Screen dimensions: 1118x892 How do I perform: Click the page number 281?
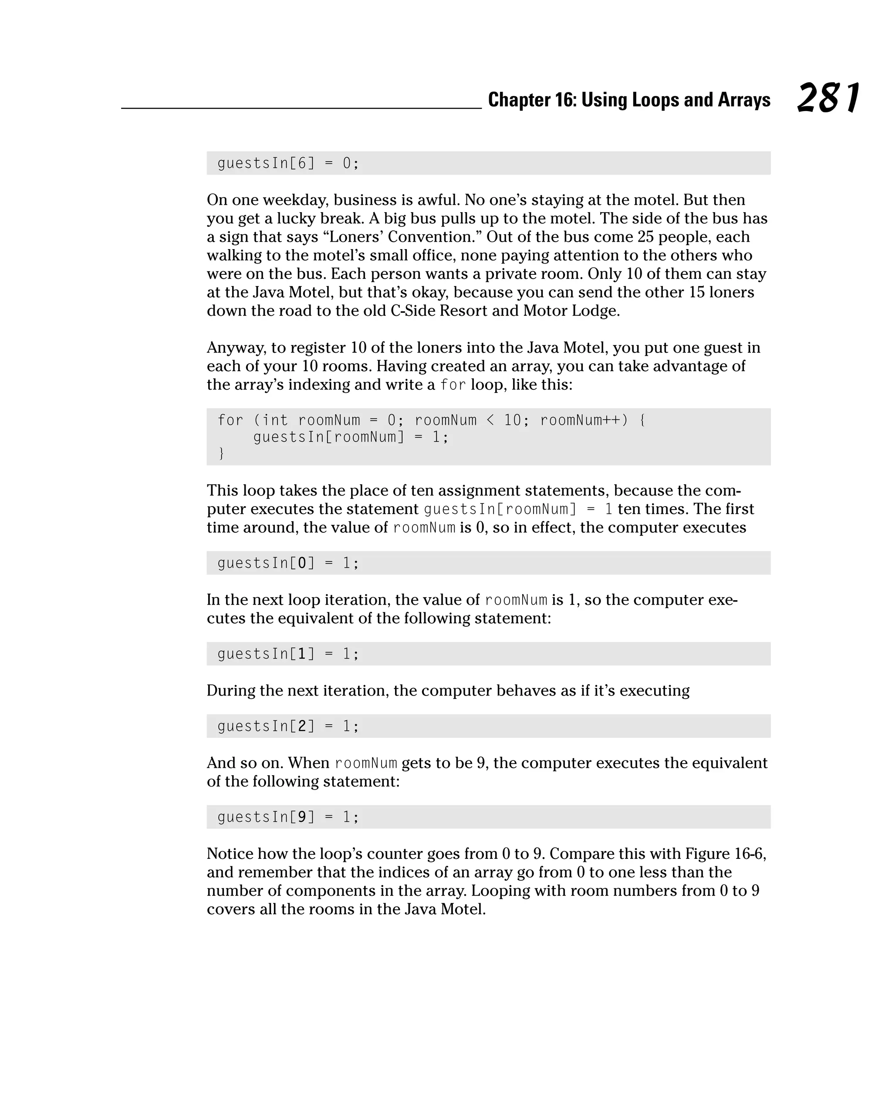(828, 98)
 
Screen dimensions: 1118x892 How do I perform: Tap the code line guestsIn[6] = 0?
(288, 163)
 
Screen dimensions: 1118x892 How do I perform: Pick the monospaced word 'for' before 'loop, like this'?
(453, 385)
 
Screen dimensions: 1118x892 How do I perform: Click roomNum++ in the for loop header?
(584, 420)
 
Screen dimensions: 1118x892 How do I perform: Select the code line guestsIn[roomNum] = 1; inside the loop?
(351, 437)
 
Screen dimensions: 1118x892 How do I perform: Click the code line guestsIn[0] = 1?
(288, 563)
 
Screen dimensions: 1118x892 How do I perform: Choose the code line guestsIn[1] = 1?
(288, 654)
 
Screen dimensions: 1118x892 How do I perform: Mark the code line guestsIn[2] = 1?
(288, 726)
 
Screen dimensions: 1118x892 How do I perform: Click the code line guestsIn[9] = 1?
(288, 817)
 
